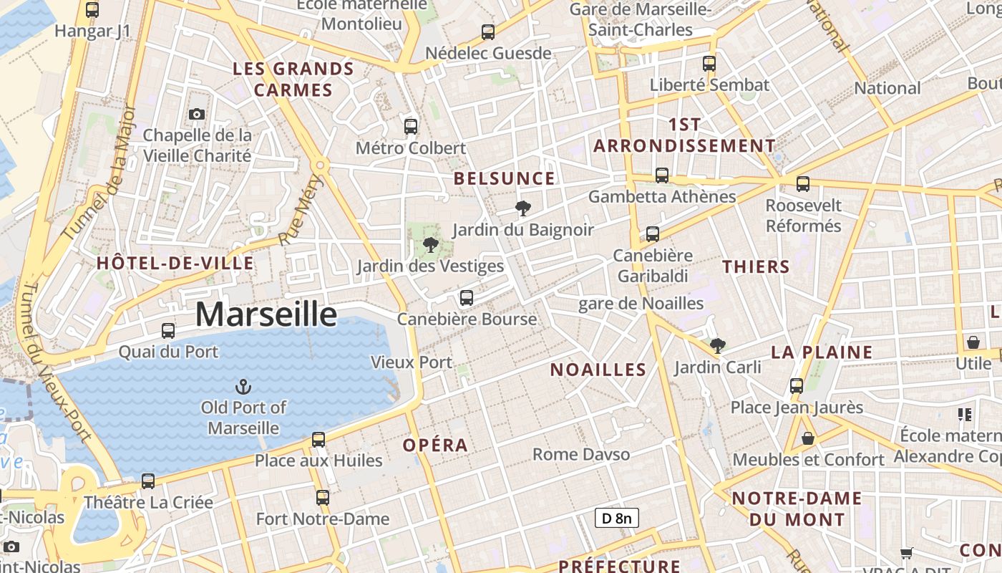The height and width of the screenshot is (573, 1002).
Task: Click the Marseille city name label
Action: (x=266, y=314)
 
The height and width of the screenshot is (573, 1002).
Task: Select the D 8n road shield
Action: (x=616, y=518)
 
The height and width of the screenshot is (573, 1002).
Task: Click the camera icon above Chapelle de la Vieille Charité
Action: (x=197, y=114)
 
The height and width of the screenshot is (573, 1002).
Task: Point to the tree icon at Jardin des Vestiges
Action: (x=430, y=246)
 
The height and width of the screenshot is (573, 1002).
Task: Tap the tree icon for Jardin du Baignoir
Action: (x=523, y=208)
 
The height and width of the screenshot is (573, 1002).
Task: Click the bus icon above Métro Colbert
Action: (x=411, y=127)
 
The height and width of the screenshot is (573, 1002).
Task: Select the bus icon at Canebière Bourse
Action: (x=467, y=297)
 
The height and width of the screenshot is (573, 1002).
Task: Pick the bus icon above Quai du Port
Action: (x=168, y=331)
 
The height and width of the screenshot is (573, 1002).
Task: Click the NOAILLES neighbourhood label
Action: (x=598, y=370)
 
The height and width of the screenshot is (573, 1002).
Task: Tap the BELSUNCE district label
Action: (x=505, y=178)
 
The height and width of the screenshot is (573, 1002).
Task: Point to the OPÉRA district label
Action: (x=435, y=445)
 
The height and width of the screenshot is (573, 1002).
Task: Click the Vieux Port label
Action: (x=412, y=362)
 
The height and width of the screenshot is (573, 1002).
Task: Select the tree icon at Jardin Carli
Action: (x=718, y=346)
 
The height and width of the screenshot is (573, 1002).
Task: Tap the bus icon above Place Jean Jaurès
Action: (x=797, y=386)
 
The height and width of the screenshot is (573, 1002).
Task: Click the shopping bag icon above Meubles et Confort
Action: (x=808, y=438)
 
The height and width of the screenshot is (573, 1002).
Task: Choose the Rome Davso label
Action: (x=581, y=454)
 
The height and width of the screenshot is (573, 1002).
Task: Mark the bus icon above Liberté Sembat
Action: (x=709, y=64)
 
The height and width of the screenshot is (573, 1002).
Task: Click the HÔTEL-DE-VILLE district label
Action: (x=175, y=263)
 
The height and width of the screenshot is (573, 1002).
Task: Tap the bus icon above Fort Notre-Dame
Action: (x=323, y=498)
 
